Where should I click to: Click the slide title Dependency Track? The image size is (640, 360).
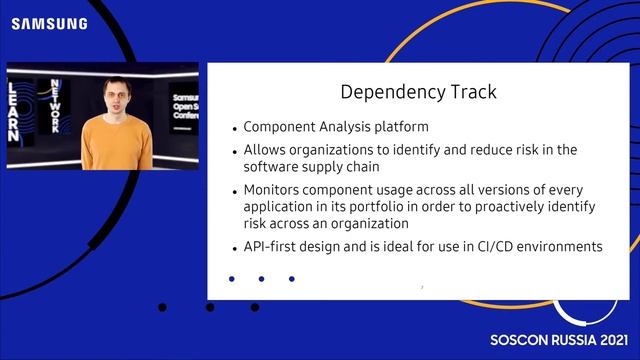point(418,92)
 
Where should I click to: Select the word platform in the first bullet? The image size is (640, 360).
point(402,128)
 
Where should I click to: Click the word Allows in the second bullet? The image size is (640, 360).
point(264,149)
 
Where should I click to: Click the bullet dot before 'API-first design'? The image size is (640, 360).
point(234,247)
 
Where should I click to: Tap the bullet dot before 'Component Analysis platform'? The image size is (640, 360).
point(234,129)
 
